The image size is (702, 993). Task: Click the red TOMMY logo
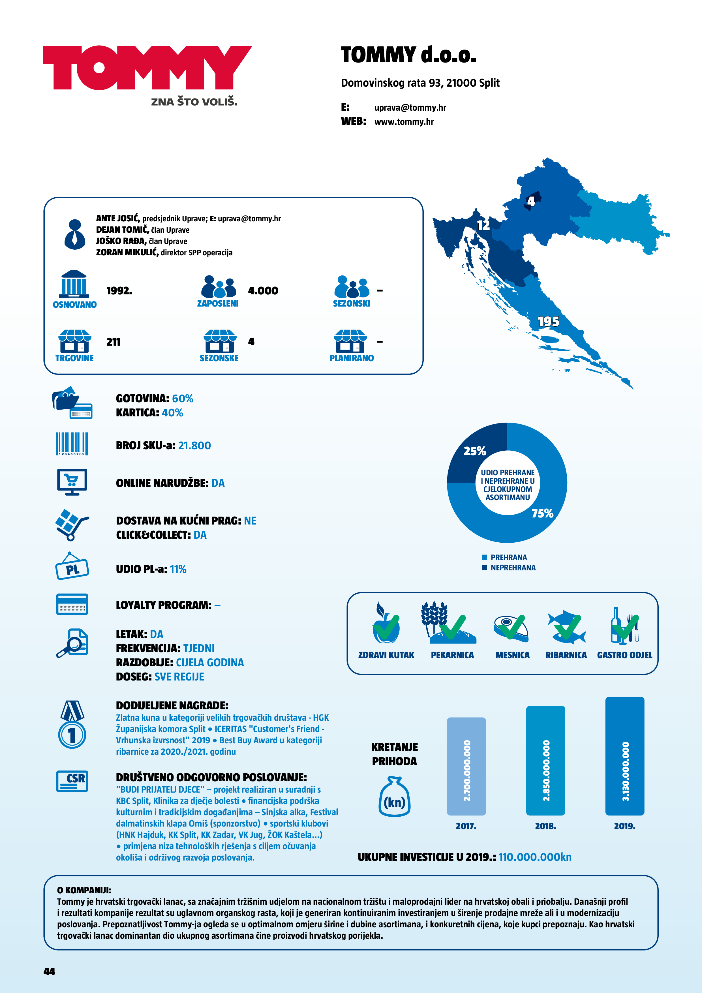[x=147, y=68]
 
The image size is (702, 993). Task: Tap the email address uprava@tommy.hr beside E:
[x=410, y=108]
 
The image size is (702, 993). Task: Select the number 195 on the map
[x=548, y=322]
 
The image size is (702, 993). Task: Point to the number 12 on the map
[x=483, y=225]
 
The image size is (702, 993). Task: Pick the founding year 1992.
[x=119, y=291]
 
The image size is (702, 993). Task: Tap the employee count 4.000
[x=263, y=291]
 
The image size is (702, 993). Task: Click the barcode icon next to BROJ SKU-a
[x=72, y=444]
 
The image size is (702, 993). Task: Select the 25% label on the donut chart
[x=474, y=451]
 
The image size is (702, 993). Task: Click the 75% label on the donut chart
[x=542, y=513]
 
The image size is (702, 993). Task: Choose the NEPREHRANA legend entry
[x=513, y=568]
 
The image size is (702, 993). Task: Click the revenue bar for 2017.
[x=466, y=766]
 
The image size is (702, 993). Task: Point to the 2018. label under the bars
[x=545, y=826]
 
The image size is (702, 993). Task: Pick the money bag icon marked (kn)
[x=395, y=797]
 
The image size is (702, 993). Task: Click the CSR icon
[x=72, y=781]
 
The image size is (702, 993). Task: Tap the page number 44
[x=49, y=971]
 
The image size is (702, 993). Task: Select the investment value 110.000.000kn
[x=535, y=857]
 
